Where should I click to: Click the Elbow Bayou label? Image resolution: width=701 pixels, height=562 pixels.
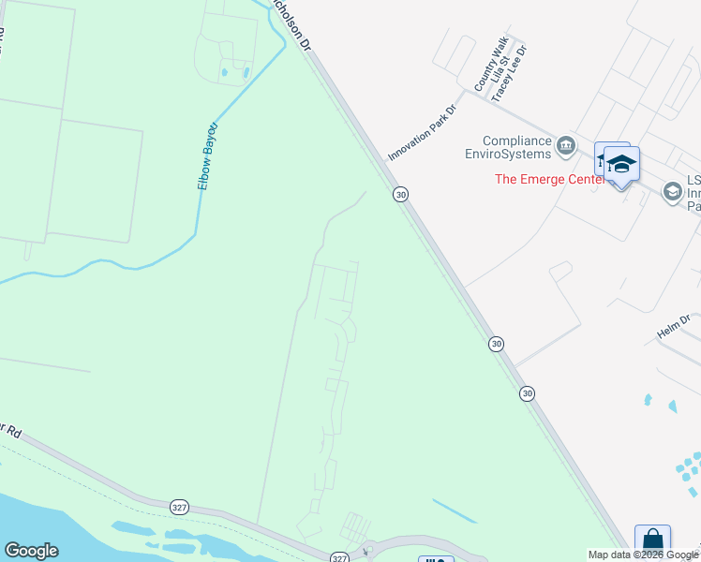208,156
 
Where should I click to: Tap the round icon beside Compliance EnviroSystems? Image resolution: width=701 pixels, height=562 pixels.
566,144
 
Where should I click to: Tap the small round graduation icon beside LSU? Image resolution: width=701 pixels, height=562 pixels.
672,191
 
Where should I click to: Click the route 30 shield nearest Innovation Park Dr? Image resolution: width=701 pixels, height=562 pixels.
401,194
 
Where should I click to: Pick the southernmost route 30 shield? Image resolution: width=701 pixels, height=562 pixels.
528,394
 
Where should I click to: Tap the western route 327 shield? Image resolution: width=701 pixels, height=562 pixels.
180,507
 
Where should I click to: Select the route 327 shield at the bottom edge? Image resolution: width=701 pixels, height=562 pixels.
339,556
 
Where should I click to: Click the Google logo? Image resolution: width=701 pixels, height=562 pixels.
31,551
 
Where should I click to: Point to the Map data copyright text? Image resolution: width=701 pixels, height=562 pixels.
643,555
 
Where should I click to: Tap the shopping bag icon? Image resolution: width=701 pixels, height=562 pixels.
652,542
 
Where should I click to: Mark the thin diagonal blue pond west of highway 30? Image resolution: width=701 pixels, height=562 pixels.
455,510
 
